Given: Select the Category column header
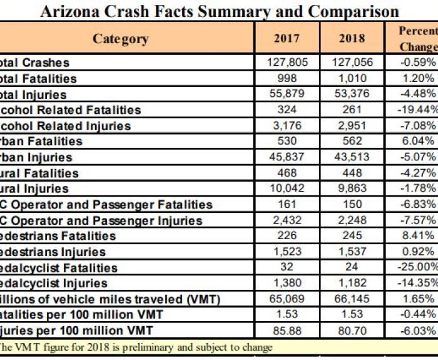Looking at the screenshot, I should coord(121,39).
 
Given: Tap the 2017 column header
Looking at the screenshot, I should coord(287,39).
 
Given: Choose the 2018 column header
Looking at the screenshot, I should coord(352,39).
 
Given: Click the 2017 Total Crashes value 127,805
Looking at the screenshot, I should coord(287,63).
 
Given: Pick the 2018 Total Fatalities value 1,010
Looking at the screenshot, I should coord(352,78).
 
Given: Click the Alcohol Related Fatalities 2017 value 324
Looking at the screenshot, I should coord(287,110).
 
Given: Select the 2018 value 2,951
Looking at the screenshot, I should coord(352,125).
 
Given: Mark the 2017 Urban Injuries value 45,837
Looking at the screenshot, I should coord(287,157).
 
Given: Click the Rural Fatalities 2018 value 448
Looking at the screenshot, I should coord(352,173).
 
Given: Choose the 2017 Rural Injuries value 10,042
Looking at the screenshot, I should coord(287,188).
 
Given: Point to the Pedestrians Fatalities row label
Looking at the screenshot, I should coord(59,236).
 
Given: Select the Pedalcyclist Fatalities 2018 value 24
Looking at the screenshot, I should coord(352,267).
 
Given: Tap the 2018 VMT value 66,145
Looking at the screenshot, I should coord(352,299).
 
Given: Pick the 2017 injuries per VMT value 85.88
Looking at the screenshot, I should coord(287,331).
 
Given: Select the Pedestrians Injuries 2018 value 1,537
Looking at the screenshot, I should coord(352,252).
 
